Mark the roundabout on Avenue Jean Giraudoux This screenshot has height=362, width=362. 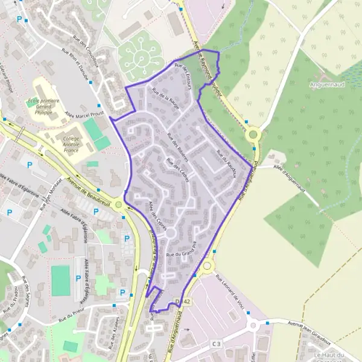(253, 325)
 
